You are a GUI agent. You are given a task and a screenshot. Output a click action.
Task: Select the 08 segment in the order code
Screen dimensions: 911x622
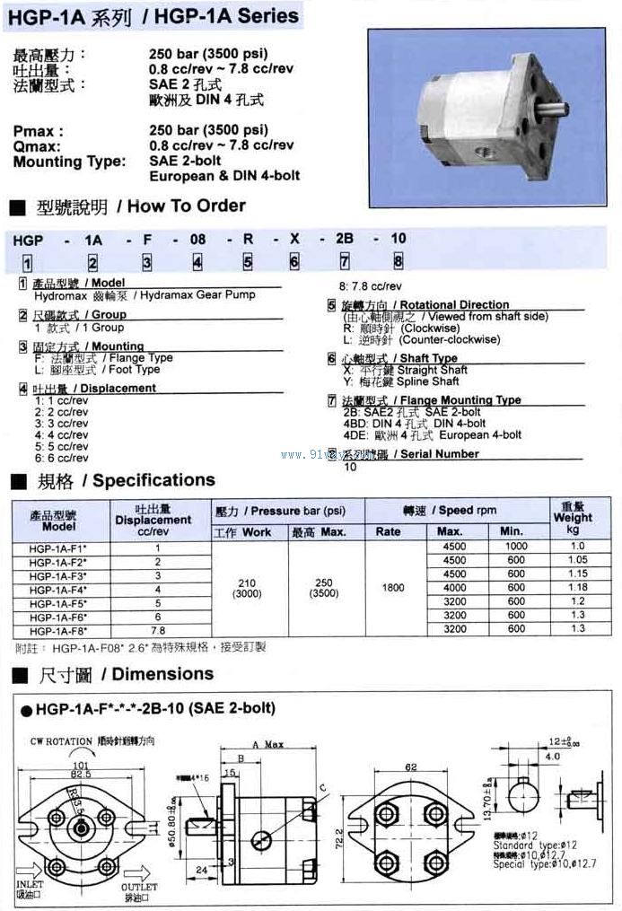click(198, 239)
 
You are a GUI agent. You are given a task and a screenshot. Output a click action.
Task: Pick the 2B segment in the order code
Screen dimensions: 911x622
click(345, 239)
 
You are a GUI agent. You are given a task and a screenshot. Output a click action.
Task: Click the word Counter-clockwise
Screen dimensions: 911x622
click(450, 340)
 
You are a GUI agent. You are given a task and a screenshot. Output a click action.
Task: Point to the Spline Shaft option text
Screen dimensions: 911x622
click(427, 381)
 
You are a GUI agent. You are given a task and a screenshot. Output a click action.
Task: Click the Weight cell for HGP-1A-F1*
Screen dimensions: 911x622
click(577, 547)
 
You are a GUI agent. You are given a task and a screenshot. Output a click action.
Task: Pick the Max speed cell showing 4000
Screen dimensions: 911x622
click(455, 588)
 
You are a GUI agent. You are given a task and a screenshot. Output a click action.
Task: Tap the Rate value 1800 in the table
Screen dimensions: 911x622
click(393, 588)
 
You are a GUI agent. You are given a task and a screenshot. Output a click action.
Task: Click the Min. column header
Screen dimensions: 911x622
click(516, 531)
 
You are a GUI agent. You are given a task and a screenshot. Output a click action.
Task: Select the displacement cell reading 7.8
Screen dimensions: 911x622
click(158, 630)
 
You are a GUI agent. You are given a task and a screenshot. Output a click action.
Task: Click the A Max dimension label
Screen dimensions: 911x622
click(267, 745)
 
